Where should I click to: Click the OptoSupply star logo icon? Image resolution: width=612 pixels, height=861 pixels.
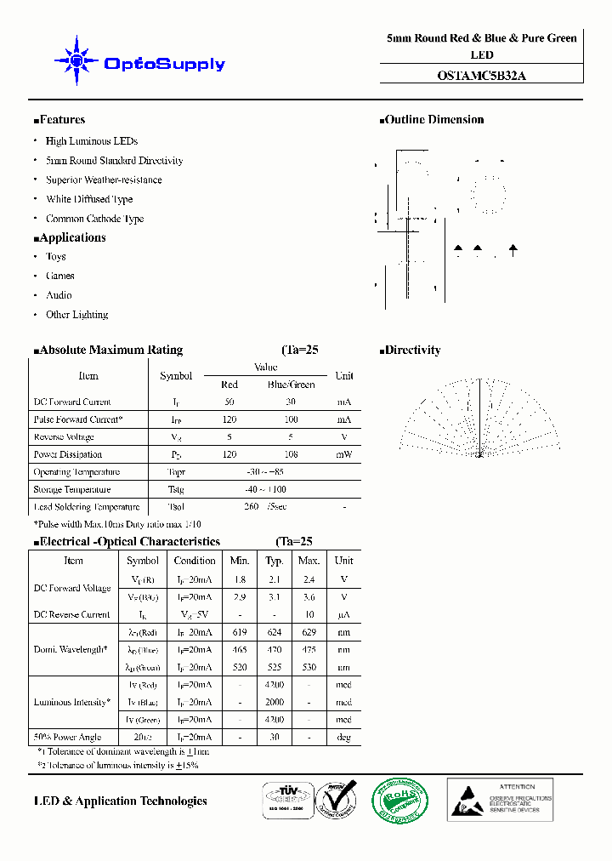76,60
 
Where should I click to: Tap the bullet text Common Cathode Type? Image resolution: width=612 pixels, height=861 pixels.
94,219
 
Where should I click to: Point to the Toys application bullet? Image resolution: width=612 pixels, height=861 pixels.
56,256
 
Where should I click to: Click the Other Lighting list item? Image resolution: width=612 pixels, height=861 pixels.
76,315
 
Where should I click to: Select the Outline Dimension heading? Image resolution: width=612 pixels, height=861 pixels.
433,120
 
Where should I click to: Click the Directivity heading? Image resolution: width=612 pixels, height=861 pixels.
412,350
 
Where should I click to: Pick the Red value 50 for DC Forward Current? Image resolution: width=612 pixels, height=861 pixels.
229,402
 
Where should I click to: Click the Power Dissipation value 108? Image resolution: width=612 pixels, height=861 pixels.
291,454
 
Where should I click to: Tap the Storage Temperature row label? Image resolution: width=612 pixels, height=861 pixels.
72,489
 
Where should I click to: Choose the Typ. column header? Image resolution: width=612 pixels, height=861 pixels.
275,561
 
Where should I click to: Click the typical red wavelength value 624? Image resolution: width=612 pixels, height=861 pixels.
275,632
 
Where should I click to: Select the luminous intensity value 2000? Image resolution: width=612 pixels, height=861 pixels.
275,703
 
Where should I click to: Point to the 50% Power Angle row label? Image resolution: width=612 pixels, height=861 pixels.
67,738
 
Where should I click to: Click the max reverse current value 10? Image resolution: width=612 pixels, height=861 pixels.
309,614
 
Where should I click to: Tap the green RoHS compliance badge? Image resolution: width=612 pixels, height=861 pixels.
400,801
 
